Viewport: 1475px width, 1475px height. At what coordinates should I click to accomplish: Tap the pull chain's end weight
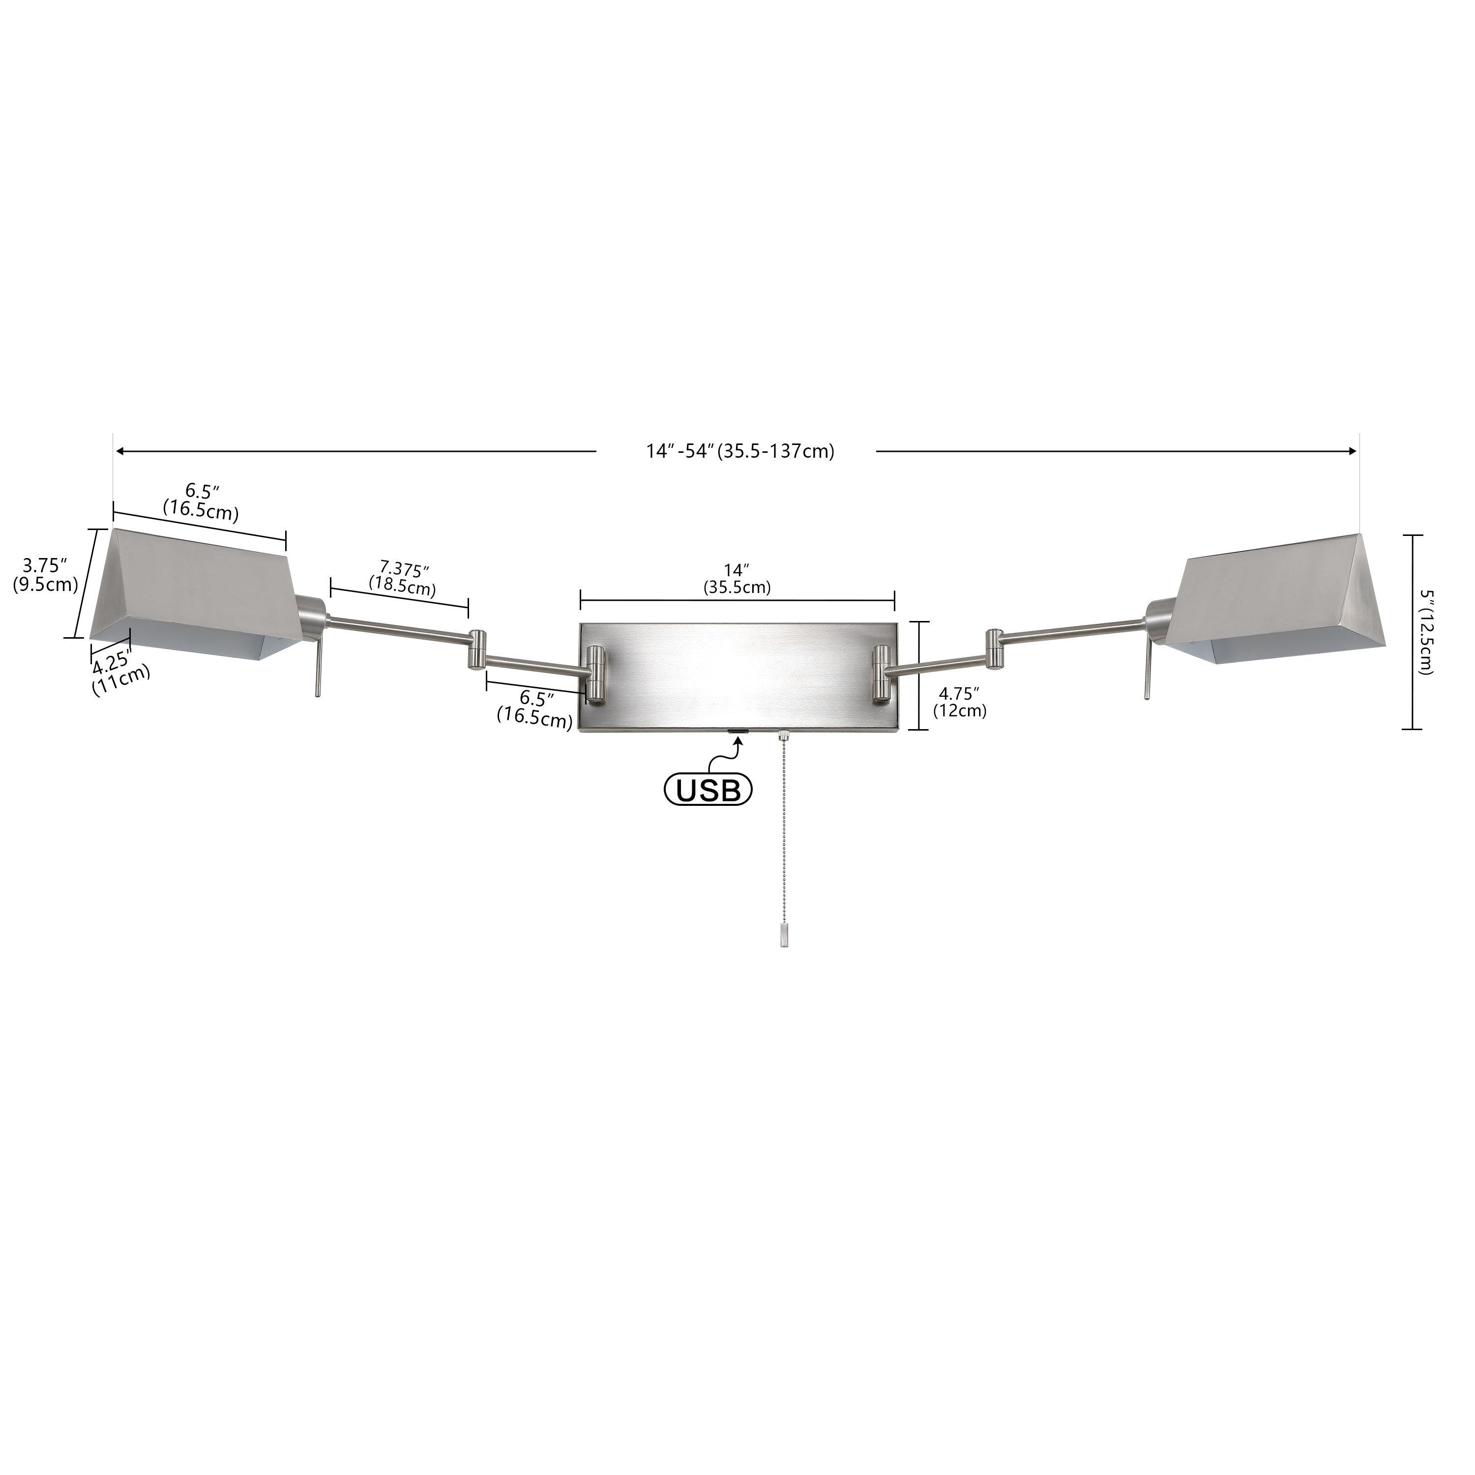pyautogui.click(x=784, y=935)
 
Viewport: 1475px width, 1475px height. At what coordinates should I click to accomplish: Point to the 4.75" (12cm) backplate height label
pyautogui.click(x=960, y=702)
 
